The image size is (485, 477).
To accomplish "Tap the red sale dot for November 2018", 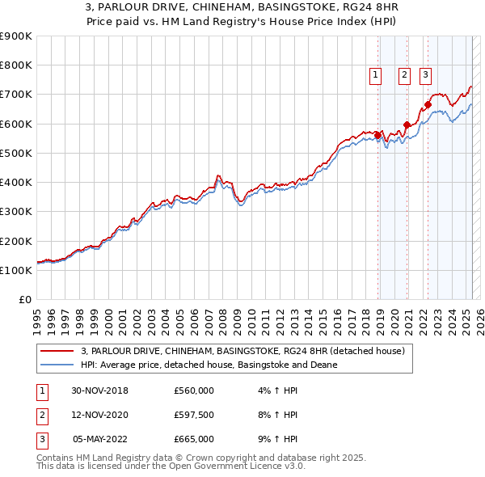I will click(377, 135).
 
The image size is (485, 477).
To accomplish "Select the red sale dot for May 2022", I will click(428, 104).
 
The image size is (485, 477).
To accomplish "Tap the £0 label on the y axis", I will click(26, 299).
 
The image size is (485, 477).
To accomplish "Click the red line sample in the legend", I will click(57, 351).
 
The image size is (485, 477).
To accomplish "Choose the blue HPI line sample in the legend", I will click(57, 365).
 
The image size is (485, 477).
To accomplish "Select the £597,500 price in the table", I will click(193, 415).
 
